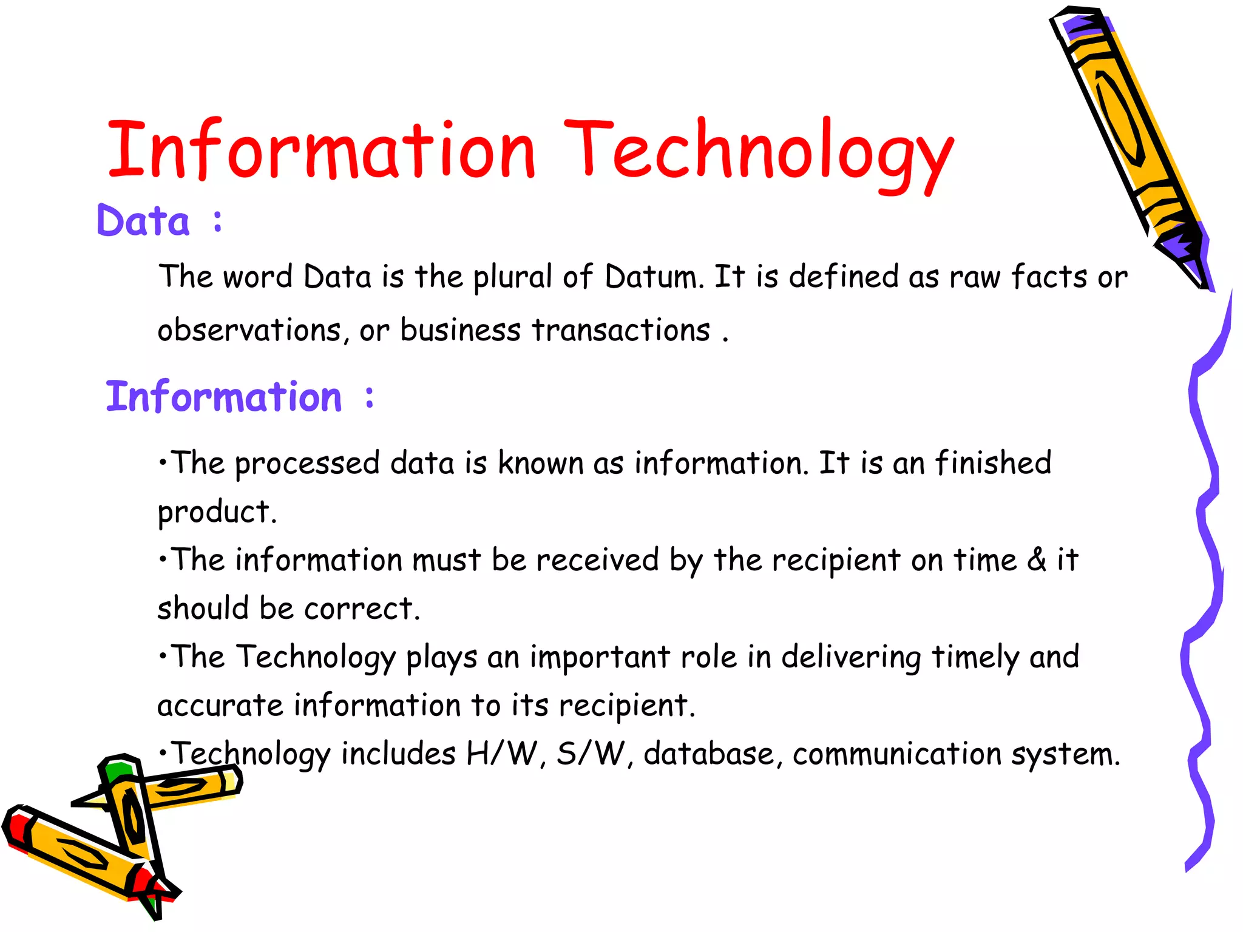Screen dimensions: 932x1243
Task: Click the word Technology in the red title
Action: pos(759,152)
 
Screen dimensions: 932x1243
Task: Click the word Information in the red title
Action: pos(322,150)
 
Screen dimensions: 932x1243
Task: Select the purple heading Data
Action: pos(143,221)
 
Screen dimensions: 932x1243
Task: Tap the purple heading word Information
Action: pos(224,397)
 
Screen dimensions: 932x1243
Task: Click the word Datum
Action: pos(654,277)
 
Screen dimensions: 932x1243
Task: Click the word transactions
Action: pos(621,331)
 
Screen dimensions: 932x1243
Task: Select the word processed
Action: pos(307,465)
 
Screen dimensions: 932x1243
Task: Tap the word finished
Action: pos(993,463)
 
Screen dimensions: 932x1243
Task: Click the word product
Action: pos(216,513)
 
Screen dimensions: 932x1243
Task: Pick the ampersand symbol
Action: pos(1037,559)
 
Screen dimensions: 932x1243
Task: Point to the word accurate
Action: pos(220,706)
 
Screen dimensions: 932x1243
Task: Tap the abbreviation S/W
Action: pos(591,754)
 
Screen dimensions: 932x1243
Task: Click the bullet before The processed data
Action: pos(162,463)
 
